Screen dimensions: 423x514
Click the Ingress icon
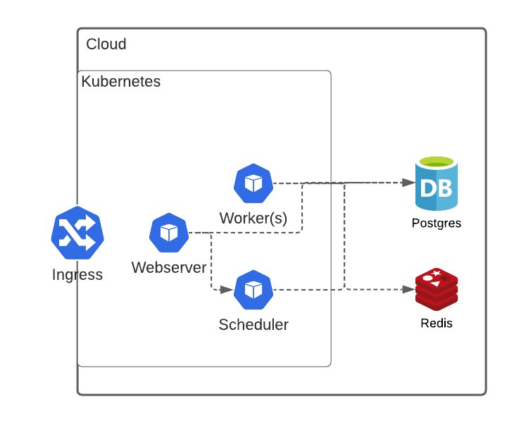tap(77, 233)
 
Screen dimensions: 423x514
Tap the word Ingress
tap(77, 275)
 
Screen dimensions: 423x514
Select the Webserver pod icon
tap(169, 232)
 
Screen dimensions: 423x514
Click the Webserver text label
tap(169, 268)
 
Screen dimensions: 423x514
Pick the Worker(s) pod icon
tap(253, 183)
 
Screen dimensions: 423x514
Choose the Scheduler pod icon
tap(253, 290)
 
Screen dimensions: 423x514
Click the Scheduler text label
tap(253, 325)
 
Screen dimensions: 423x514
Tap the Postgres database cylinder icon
tap(437, 185)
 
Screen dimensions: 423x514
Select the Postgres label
tap(437, 223)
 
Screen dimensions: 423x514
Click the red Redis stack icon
tap(437, 289)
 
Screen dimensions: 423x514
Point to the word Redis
tap(437, 324)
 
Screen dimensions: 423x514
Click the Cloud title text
tap(106, 44)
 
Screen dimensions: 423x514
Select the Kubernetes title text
tap(121, 82)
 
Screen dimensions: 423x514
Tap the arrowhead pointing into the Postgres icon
tap(408, 183)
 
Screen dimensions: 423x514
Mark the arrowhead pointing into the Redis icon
tap(408, 289)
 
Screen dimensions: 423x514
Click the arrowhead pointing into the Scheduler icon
tap(228, 290)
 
